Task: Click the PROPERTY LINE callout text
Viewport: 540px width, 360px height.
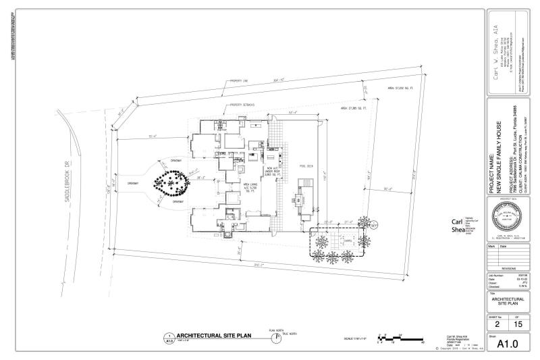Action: (x=240, y=81)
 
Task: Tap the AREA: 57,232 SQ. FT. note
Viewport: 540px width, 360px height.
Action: (x=400, y=88)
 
